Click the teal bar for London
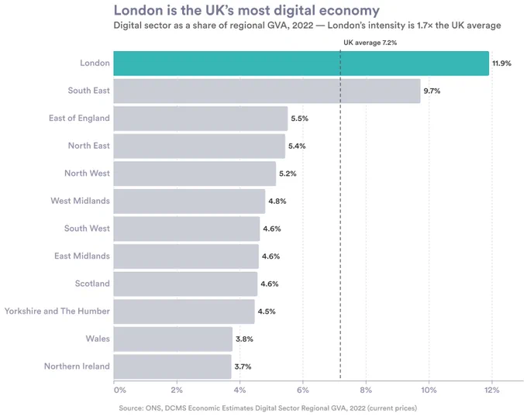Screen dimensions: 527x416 [x=301, y=64]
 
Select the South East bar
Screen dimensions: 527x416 [x=267, y=91]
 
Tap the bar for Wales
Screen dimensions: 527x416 [x=173, y=339]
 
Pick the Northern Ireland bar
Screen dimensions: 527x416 [x=172, y=366]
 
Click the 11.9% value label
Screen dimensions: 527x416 [x=501, y=64]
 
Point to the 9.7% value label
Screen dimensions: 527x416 [x=432, y=91]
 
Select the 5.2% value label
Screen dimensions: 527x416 [x=288, y=174]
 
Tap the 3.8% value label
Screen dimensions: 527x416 [x=244, y=339]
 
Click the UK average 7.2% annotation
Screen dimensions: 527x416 [x=370, y=43]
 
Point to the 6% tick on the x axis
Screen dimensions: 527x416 [x=303, y=390]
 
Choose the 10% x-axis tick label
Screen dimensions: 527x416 [x=429, y=390]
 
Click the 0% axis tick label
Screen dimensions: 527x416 [x=120, y=390]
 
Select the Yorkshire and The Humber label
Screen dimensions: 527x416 [x=57, y=311]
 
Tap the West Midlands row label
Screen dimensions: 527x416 [x=81, y=201]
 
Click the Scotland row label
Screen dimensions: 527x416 [x=92, y=284]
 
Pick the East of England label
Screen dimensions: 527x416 [x=79, y=118]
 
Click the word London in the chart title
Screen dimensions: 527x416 [x=138, y=10]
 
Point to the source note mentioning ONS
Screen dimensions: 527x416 [x=268, y=408]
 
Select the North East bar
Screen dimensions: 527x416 [x=199, y=146]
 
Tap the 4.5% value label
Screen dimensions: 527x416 [x=267, y=311]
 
